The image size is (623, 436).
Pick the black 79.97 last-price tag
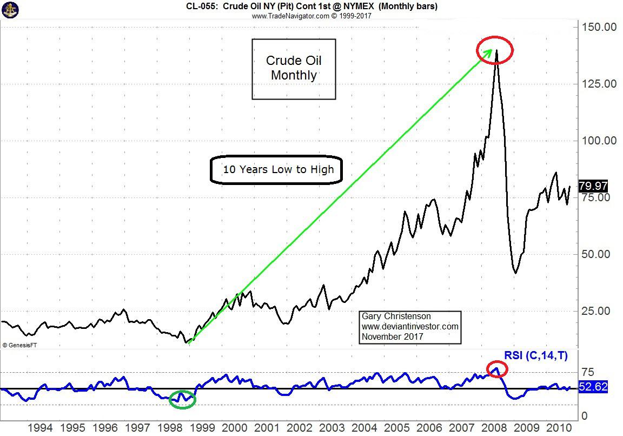point(593,186)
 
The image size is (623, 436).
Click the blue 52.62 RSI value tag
point(593,388)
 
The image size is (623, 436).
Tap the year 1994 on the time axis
point(41,427)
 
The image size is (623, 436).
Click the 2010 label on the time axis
point(558,427)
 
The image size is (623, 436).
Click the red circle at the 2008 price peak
point(494,50)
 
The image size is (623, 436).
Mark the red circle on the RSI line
point(497,369)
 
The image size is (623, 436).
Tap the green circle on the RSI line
point(182,400)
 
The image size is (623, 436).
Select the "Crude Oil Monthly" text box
point(294,69)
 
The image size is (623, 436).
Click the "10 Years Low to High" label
point(279,170)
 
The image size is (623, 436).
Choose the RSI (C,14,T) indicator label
point(536,356)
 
